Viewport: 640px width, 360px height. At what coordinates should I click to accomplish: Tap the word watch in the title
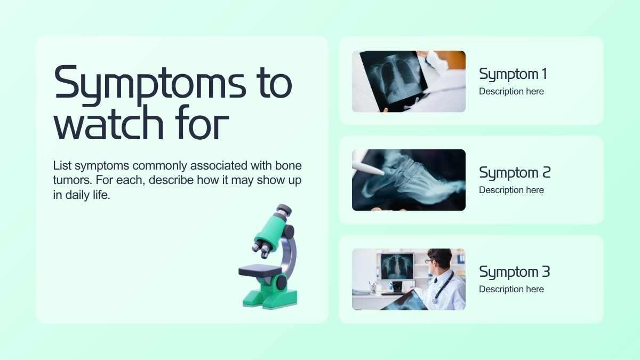click(109, 123)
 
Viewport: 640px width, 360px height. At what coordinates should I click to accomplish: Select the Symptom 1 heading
click(513, 75)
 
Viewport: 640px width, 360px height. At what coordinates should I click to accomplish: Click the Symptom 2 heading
click(515, 173)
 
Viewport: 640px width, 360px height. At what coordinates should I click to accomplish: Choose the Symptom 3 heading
click(515, 272)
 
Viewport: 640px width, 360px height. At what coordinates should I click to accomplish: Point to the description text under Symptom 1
click(511, 91)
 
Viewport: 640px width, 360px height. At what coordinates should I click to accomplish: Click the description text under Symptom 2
click(511, 190)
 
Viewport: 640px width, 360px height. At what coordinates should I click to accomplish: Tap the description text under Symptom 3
click(511, 289)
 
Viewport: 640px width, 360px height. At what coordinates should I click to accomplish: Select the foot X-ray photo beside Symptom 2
click(409, 180)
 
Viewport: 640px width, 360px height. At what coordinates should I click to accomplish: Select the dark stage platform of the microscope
click(260, 270)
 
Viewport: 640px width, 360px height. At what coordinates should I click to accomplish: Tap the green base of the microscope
click(270, 299)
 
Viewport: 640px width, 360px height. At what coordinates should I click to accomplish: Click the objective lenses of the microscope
click(261, 248)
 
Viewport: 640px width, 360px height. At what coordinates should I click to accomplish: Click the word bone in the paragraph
click(289, 166)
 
